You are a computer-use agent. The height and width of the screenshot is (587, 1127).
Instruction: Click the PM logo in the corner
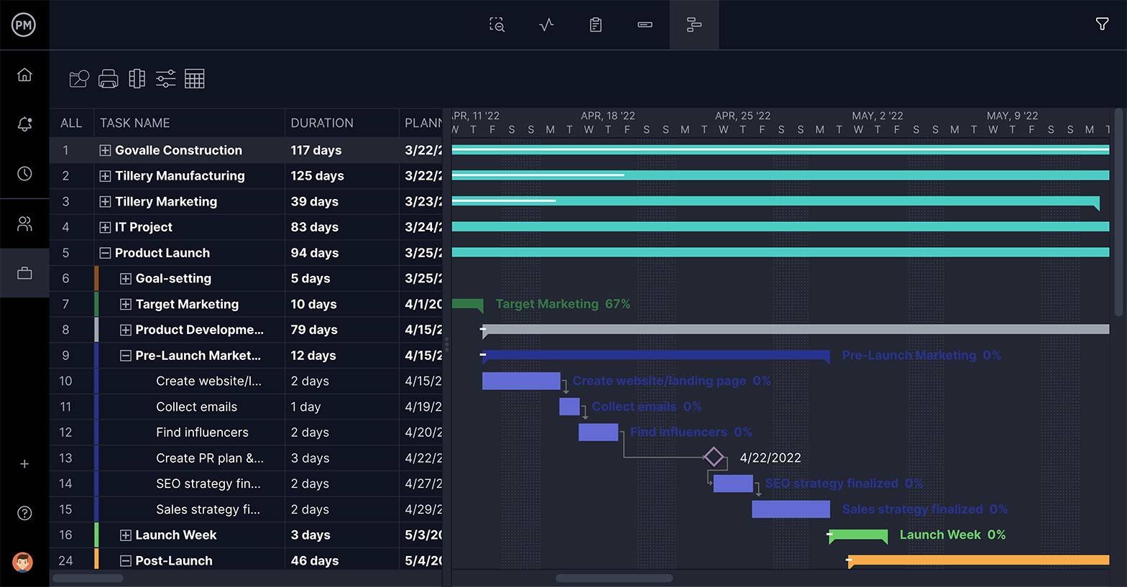pyautogui.click(x=24, y=25)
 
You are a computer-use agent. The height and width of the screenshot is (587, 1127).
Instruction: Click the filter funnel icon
pyautogui.click(x=1102, y=24)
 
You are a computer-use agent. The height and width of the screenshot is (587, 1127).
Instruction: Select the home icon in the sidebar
pyautogui.click(x=24, y=75)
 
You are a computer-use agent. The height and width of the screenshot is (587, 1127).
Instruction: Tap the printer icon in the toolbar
pyautogui.click(x=109, y=79)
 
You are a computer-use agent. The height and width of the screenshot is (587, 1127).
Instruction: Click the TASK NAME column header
pyautogui.click(x=135, y=123)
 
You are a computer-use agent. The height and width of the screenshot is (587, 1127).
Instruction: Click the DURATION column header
pyautogui.click(x=321, y=123)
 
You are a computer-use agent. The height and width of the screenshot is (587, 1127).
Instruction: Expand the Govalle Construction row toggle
pyautogui.click(x=105, y=150)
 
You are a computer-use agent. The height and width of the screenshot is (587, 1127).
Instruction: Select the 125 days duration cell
pyautogui.click(x=317, y=176)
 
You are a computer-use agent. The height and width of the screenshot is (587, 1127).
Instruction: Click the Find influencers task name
pyautogui.click(x=202, y=433)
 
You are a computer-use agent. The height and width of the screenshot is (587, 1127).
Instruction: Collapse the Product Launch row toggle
pyautogui.click(x=105, y=253)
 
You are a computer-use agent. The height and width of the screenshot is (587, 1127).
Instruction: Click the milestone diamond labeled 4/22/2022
pyautogui.click(x=714, y=457)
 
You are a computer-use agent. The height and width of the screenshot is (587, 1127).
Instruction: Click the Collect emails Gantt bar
pyautogui.click(x=569, y=407)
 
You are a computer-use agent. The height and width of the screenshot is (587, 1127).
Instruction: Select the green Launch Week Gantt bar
pyautogui.click(x=858, y=535)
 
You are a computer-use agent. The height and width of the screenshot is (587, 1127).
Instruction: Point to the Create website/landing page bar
pyautogui.click(x=520, y=381)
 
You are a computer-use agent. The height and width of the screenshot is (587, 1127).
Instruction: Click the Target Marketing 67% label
pyautogui.click(x=562, y=304)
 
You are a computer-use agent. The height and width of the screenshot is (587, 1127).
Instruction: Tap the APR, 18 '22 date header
pyautogui.click(x=607, y=116)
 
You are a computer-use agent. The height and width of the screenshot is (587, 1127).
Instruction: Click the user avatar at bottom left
pyautogui.click(x=24, y=561)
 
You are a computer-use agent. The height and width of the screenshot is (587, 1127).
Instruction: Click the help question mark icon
pyautogui.click(x=24, y=513)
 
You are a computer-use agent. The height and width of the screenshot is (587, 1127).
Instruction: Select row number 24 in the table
pyautogui.click(x=65, y=560)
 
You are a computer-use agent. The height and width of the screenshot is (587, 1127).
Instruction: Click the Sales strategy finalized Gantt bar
pyautogui.click(x=791, y=509)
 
